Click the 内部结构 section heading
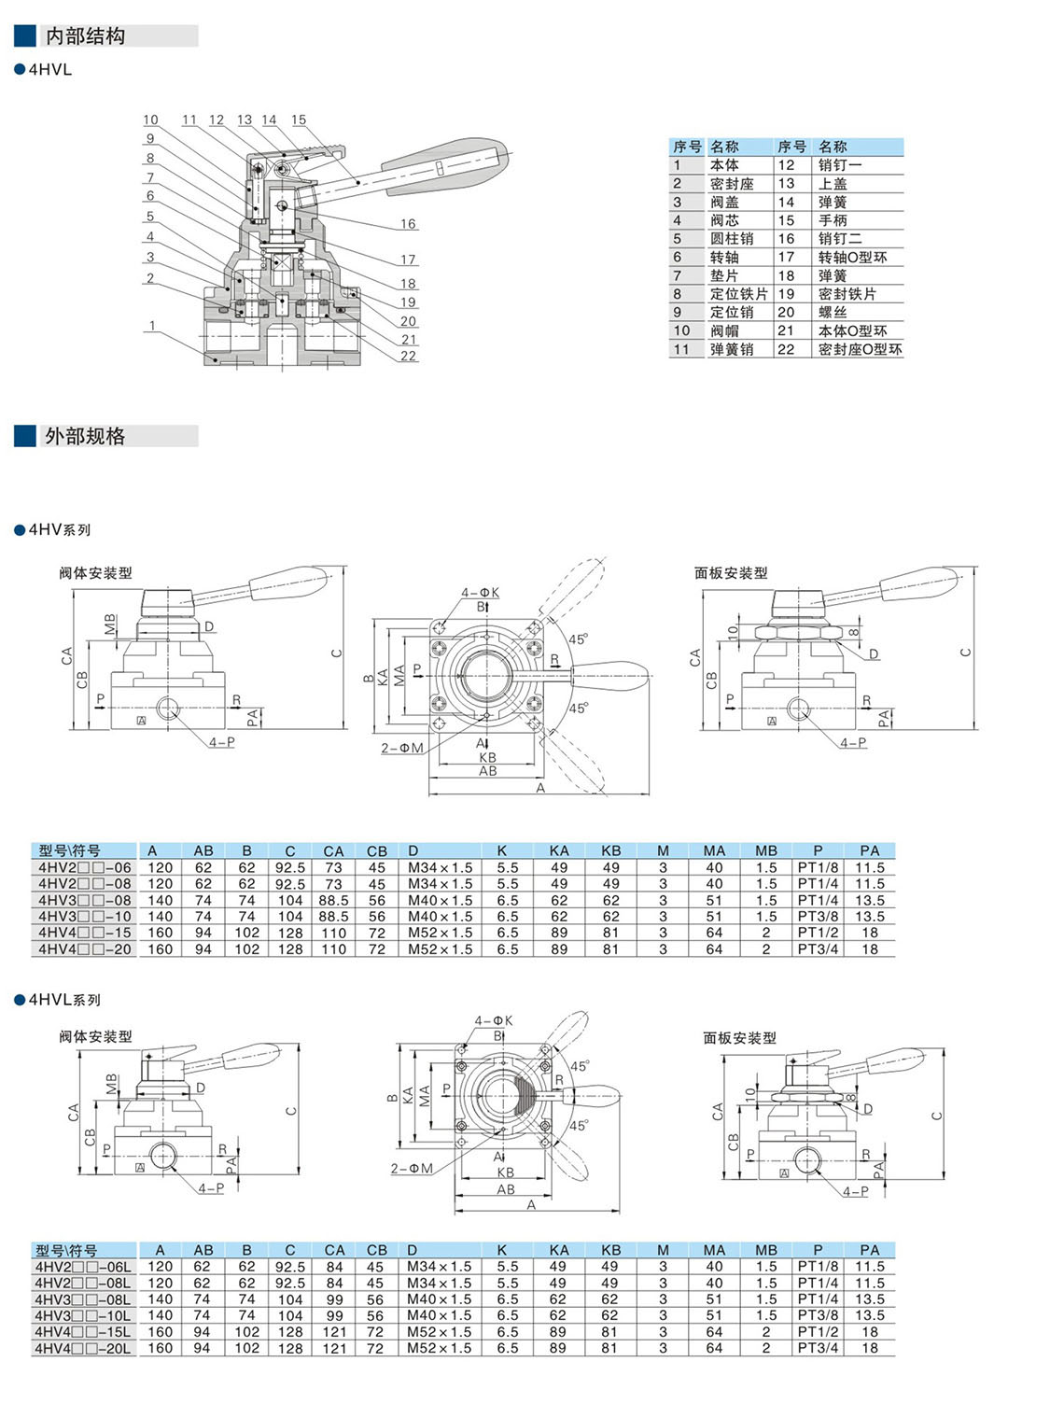pyautogui.click(x=85, y=36)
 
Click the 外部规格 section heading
pyautogui.click(x=85, y=436)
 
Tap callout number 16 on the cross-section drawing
pyautogui.click(x=408, y=224)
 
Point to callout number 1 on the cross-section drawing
pyautogui.click(x=152, y=326)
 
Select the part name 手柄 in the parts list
pyautogui.click(x=833, y=220)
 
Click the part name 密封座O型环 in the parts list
pyautogui.click(x=860, y=349)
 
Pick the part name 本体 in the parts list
pyautogui.click(x=724, y=165)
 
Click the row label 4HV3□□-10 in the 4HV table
pyautogui.click(x=84, y=917)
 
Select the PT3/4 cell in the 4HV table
pyautogui.click(x=818, y=949)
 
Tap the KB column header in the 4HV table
pyautogui.click(x=611, y=850)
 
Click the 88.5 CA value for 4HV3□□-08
pyautogui.click(x=333, y=901)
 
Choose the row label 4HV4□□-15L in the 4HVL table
pyautogui.click(x=83, y=1332)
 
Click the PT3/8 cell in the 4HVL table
pyautogui.click(x=818, y=1315)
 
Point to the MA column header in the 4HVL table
pyautogui.click(x=714, y=1250)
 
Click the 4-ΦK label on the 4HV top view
pyautogui.click(x=480, y=593)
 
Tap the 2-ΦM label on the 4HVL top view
pyautogui.click(x=412, y=1169)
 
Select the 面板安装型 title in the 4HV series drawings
pyautogui.click(x=731, y=573)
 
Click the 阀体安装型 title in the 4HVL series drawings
pyautogui.click(x=95, y=1037)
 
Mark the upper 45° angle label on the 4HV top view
pyautogui.click(x=579, y=639)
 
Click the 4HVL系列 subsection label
pyautogui.click(x=64, y=1000)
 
